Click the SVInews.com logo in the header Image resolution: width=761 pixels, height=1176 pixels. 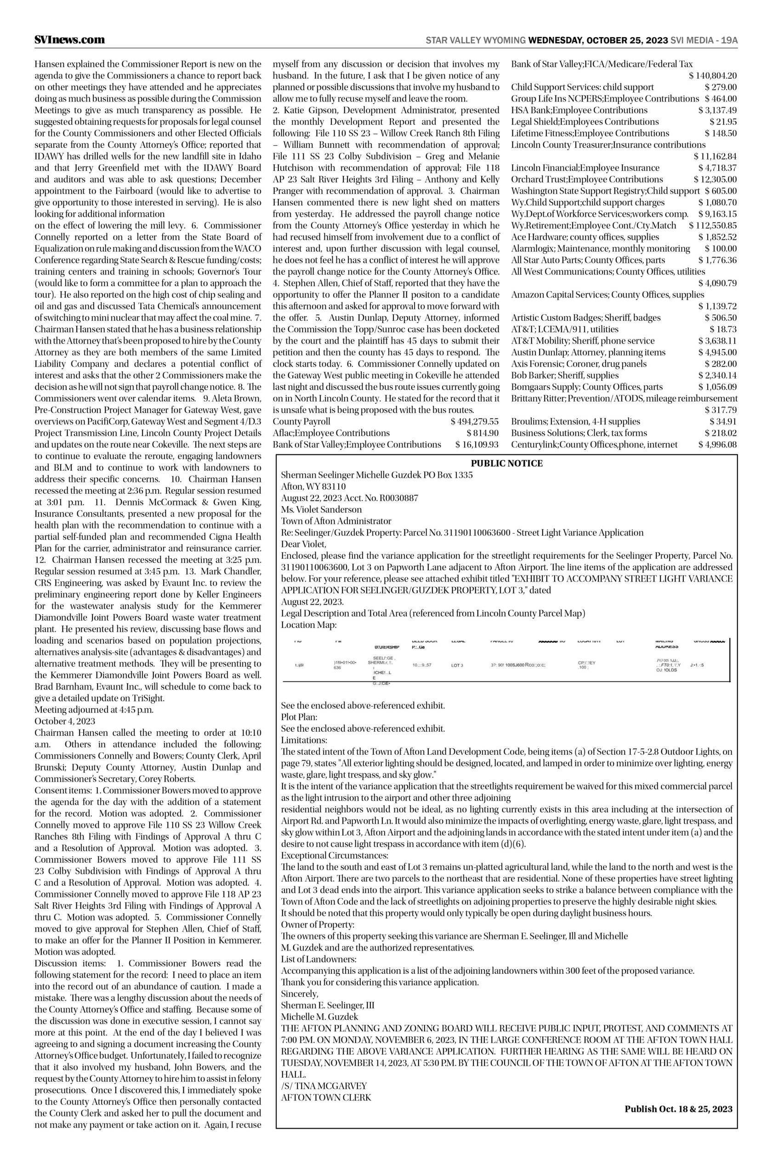point(70,40)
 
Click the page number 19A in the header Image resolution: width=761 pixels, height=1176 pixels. point(729,40)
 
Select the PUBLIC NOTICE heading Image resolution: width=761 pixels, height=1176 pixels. point(506,464)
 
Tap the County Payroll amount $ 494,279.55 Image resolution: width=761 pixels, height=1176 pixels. point(474,421)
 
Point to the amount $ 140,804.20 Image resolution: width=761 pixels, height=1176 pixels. point(713,76)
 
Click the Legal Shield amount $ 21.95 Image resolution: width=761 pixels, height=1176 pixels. point(723,121)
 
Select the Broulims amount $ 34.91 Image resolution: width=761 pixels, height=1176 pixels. point(723,421)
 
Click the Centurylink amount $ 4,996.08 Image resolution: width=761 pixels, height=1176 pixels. point(717,444)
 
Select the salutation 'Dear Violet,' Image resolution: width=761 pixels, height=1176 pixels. point(303,544)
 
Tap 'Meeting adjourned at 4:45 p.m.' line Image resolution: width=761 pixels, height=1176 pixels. point(94,710)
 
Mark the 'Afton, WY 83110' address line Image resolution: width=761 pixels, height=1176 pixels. point(313,486)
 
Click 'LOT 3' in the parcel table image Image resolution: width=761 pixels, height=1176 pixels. point(457,665)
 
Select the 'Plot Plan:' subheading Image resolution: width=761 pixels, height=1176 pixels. point(299,717)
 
